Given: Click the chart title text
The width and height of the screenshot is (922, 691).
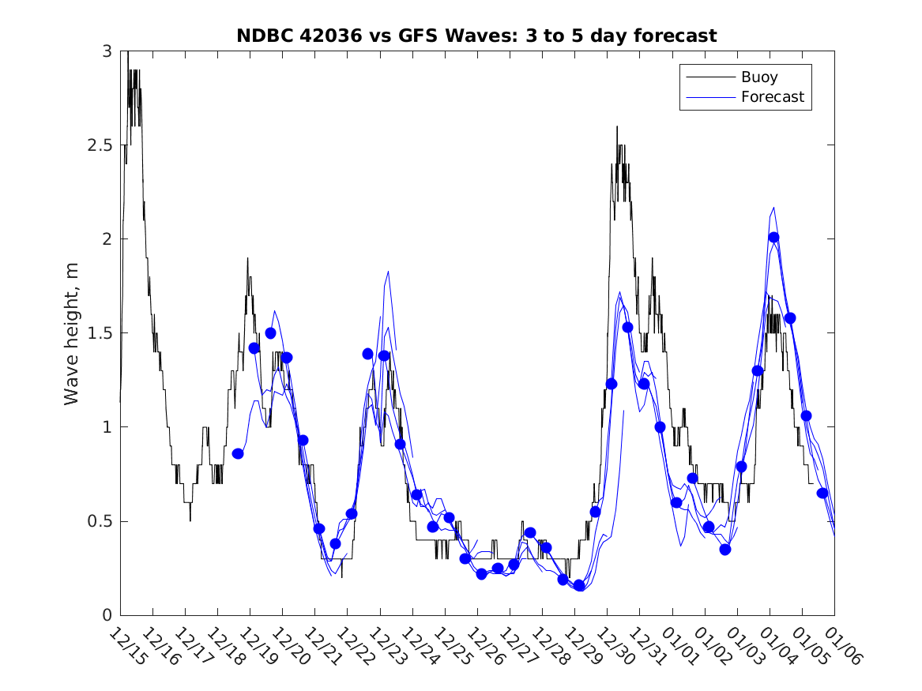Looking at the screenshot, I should tap(476, 36).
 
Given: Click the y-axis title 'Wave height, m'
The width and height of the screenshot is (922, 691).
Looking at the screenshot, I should tap(72, 334).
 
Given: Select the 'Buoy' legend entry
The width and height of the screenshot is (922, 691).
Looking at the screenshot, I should tap(758, 77).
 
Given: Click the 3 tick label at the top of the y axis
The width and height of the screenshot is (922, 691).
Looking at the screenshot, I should tap(107, 51).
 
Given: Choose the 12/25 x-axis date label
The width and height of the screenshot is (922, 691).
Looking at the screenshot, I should tap(453, 646).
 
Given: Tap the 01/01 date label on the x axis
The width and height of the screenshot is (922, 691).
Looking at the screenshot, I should tap(680, 646).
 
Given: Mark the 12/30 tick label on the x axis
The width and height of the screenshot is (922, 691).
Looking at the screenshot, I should tap(615, 646).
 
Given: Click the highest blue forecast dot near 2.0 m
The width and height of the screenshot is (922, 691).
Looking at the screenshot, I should tap(773, 238).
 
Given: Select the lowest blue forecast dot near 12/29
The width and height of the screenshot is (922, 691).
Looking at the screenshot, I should tap(579, 585).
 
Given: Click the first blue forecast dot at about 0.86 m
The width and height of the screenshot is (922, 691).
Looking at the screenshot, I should tap(238, 453).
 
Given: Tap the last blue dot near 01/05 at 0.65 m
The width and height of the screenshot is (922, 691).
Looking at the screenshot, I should tap(822, 493).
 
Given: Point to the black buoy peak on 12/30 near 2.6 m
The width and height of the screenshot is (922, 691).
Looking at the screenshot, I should tap(617, 126).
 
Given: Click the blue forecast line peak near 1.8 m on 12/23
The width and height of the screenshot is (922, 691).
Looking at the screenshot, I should tap(388, 272).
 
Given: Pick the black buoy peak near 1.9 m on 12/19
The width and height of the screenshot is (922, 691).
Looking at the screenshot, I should tap(247, 258).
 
